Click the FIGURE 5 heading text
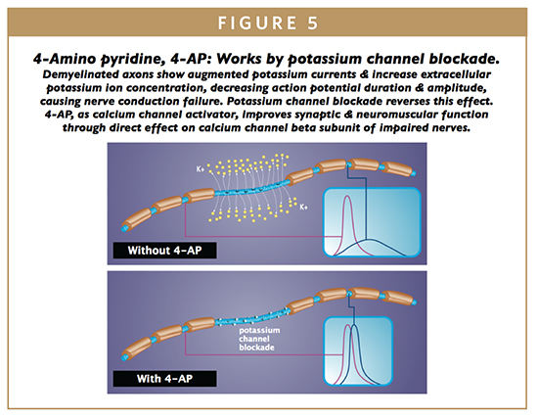tap(268, 23)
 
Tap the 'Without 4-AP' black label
tap(164, 250)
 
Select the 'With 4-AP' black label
tap(164, 379)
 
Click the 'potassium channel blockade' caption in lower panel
tap(259, 339)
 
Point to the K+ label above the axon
tap(201, 169)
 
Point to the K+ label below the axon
tap(303, 208)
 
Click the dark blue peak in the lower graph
tap(353, 325)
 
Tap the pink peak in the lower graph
tap(347, 325)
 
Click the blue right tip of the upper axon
tap(414, 172)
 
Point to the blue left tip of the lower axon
tap(124, 357)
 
